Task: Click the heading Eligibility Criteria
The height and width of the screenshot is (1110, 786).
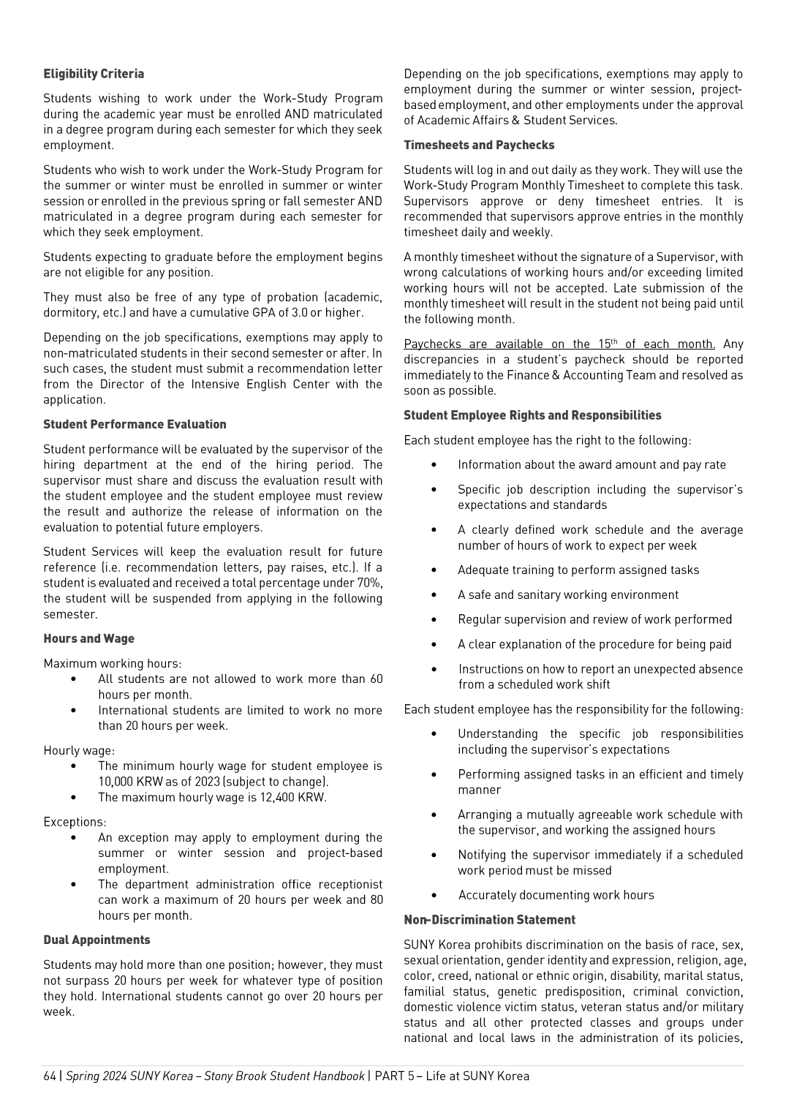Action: [94, 74]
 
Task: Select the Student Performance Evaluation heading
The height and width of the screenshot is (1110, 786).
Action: [135, 424]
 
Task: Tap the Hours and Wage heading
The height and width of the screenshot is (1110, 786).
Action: [88, 638]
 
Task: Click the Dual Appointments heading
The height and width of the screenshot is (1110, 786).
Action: [97, 940]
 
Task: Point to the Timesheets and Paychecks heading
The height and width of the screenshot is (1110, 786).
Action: [479, 145]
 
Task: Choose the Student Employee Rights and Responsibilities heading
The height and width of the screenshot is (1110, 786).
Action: [532, 415]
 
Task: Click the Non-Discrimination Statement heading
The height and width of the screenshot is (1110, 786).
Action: [489, 920]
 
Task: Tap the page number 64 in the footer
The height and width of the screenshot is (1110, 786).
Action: [49, 1076]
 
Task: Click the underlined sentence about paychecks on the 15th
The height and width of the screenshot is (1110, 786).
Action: [559, 344]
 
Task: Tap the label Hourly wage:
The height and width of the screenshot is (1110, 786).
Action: [79, 750]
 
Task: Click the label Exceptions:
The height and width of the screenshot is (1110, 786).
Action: [75, 822]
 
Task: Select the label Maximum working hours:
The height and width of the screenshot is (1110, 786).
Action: [113, 663]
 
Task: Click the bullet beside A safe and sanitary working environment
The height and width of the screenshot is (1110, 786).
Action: [434, 595]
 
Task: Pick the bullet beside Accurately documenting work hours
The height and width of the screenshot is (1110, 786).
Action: [434, 895]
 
